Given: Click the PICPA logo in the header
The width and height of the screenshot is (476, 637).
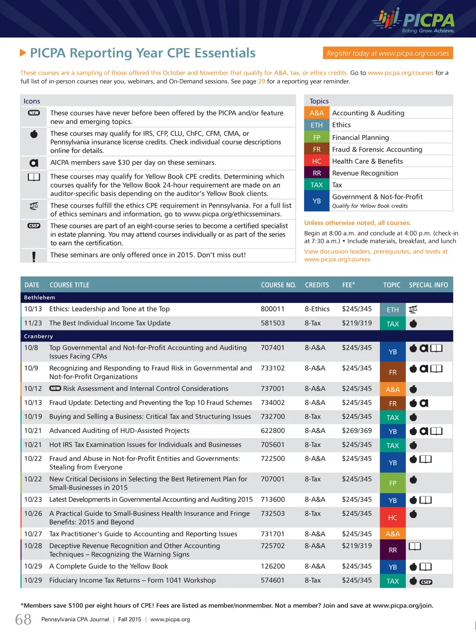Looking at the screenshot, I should [414, 20].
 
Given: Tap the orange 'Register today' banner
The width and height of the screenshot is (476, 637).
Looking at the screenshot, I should [388, 53].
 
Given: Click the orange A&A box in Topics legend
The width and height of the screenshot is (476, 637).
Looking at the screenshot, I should [317, 113].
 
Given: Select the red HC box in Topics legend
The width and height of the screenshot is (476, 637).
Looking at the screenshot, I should [317, 161].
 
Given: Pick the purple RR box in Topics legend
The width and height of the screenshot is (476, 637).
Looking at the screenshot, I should [317, 173].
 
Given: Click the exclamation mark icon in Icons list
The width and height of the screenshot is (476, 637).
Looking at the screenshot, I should [34, 256].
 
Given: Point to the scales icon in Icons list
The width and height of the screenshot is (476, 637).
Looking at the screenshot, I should [34, 205].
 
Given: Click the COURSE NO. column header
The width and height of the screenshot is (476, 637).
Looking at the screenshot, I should [278, 285].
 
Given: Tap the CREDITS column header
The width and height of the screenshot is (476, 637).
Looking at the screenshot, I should [317, 285].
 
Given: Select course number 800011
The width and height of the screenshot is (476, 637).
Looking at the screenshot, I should [272, 309].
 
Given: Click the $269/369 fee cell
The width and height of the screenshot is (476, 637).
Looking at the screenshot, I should [357, 431].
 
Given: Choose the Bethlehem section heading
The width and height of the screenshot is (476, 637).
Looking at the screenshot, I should [40, 297].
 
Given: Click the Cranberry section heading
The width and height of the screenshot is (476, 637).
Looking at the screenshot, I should [39, 336].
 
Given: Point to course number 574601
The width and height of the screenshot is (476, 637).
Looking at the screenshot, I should [272, 580].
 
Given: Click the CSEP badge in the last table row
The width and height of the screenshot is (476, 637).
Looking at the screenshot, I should [426, 582].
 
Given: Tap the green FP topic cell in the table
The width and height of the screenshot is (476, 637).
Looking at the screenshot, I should [392, 483].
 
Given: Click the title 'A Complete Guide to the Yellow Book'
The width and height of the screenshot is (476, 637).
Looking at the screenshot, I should [108, 566].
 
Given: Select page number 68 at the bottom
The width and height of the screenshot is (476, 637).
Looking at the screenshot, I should [23, 619].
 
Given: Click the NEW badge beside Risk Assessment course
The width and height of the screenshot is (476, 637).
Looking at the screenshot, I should [55, 388].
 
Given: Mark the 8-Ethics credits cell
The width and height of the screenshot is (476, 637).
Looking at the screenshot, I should [317, 309].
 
